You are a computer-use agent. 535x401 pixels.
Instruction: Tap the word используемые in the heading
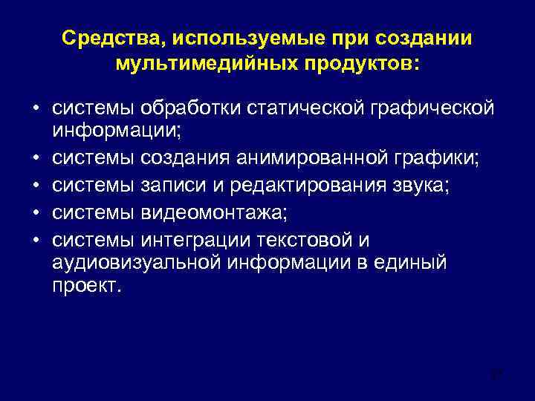coord(217,38)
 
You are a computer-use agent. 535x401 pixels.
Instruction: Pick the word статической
coord(305,109)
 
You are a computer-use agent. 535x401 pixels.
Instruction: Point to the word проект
coord(85,287)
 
